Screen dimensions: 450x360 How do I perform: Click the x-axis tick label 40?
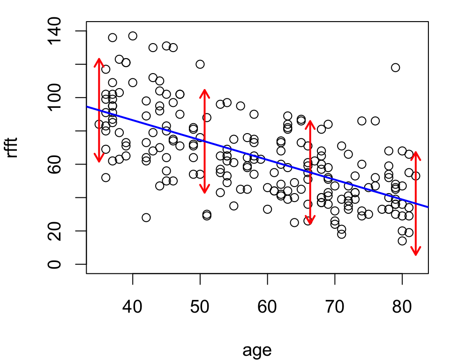(x=132, y=306)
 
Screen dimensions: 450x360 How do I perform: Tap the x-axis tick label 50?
(x=200, y=306)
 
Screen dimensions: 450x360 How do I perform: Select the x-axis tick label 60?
(x=267, y=306)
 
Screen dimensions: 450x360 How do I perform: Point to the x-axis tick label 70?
(x=335, y=306)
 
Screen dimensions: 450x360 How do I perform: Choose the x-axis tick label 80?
(x=402, y=306)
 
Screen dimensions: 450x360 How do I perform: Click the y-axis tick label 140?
(x=54, y=31)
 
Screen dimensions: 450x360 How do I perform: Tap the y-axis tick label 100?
(x=54, y=97)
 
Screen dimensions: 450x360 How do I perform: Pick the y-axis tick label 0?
(x=54, y=264)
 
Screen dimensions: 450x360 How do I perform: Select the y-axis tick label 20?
(x=54, y=231)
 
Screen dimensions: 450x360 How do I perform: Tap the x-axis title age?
(x=257, y=350)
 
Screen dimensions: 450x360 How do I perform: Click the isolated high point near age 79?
(x=396, y=68)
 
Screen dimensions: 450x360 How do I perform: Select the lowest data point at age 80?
(x=402, y=241)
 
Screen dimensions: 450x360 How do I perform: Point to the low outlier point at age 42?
(x=146, y=217)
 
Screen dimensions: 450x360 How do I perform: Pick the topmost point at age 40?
(x=133, y=36)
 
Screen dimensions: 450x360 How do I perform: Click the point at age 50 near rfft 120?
(x=200, y=64)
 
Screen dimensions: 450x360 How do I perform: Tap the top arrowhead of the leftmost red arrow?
(x=99, y=59)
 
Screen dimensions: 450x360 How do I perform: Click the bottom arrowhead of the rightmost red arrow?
(x=416, y=255)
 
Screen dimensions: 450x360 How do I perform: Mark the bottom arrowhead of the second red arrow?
(x=204, y=192)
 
